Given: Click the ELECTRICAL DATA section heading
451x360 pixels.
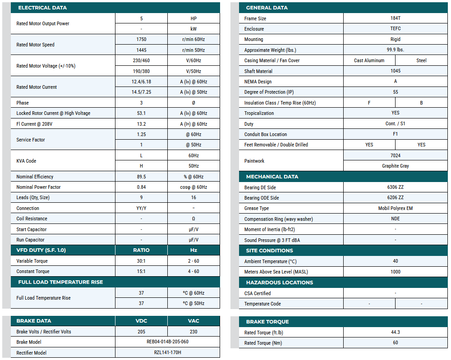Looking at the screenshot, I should [x=42, y=8].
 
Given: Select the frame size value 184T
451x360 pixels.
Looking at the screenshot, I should [x=395, y=18].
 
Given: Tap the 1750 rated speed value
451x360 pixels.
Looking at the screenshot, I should [x=141, y=40].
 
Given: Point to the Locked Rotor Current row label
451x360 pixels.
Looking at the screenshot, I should [x=53, y=114].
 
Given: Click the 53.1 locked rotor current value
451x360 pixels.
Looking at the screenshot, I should [x=141, y=113].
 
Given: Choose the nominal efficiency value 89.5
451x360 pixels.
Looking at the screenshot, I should [x=141, y=177].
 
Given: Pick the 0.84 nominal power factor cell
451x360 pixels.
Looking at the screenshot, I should [x=141, y=187].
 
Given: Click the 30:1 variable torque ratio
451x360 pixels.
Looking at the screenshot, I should [x=141, y=261].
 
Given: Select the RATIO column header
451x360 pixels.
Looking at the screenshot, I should [x=141, y=250].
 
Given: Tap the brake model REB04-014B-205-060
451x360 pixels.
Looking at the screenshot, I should [x=167, y=342].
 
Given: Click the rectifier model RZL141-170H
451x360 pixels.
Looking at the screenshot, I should [x=167, y=352].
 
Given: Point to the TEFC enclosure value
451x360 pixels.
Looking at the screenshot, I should [x=395, y=28].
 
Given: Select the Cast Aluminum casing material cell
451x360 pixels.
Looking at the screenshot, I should [x=369, y=60].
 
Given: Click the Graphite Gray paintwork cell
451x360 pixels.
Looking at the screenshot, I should [x=395, y=166].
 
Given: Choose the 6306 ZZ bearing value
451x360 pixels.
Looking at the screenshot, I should [x=395, y=187].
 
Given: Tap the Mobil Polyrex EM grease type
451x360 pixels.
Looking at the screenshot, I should [x=395, y=208].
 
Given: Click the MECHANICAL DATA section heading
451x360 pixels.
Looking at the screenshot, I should [x=272, y=177].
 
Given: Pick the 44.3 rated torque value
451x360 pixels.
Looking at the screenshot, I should [x=395, y=333].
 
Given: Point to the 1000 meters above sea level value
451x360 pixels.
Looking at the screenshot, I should [x=395, y=272].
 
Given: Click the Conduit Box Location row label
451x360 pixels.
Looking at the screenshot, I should [x=265, y=134].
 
